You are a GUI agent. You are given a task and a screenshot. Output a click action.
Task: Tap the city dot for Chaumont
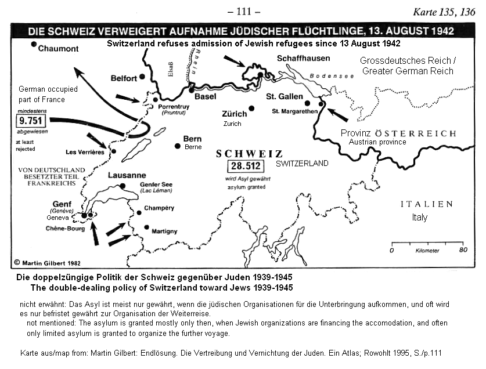[x=34, y=45]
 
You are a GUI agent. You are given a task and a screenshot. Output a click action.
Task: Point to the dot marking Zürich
[x=251, y=108]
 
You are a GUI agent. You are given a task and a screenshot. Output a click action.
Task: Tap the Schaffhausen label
[x=303, y=59]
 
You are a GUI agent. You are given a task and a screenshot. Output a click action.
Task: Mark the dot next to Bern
[x=178, y=146]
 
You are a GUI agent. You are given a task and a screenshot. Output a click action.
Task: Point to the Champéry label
[x=160, y=208]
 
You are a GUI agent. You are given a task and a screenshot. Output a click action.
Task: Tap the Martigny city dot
[x=146, y=227]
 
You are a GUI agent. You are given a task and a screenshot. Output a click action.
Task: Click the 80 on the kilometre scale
[x=463, y=250]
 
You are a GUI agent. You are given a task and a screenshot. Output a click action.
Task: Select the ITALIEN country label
[x=426, y=204]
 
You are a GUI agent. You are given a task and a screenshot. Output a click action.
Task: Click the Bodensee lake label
[x=326, y=76]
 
